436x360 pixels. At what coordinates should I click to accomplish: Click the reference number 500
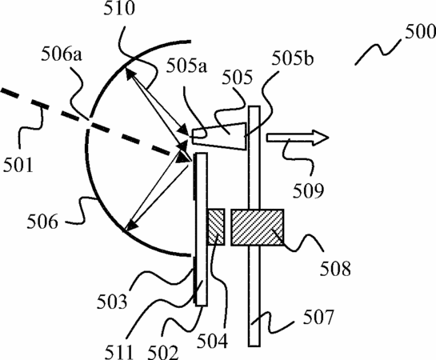tap(420, 32)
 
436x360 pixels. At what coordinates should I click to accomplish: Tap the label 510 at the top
tap(119, 8)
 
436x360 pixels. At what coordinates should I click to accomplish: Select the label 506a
tap(62, 54)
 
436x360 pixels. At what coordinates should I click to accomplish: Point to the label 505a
tap(186, 66)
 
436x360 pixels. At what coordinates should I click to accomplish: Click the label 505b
tap(293, 58)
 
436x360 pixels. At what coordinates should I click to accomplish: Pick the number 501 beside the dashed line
tap(18, 165)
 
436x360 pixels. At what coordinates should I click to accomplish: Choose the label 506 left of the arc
tap(42, 222)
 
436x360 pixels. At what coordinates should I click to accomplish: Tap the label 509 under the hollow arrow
tap(309, 191)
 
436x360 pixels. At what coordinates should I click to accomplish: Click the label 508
tap(335, 269)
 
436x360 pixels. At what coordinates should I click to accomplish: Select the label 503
tap(112, 302)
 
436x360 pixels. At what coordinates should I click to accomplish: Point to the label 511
tap(118, 353)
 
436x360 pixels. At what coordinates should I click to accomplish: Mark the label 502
tap(162, 353)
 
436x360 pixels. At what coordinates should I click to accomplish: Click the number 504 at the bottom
tap(213, 341)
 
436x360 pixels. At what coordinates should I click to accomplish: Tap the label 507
tap(318, 318)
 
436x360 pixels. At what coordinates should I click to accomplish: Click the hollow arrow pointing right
tap(298, 138)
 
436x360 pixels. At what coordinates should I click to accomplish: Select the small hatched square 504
tap(216, 227)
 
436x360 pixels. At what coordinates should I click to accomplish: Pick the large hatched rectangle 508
tap(258, 227)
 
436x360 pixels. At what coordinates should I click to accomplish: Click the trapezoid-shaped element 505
tap(220, 136)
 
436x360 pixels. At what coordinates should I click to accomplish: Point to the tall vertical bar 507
tap(254, 226)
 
